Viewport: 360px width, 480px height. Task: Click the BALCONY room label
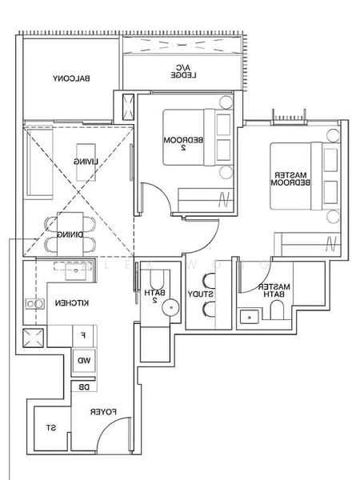(71, 78)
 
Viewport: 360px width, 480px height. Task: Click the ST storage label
(50, 429)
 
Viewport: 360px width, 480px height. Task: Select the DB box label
(83, 387)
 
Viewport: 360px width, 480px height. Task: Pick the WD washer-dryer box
(83, 360)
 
